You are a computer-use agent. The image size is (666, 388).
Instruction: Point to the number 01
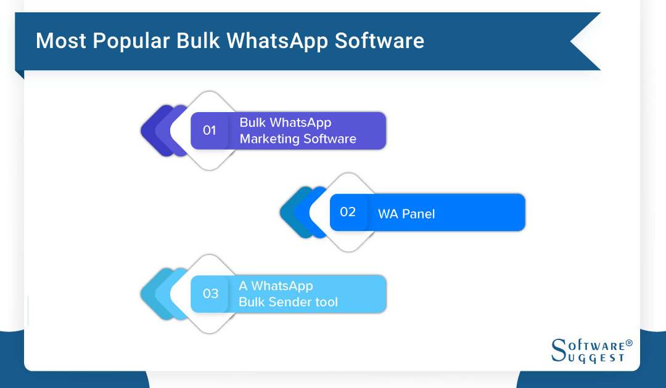(210, 131)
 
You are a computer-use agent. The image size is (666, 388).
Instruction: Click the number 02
(348, 212)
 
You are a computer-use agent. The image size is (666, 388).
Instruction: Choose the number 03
(210, 294)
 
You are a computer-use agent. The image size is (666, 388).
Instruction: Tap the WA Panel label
(406, 214)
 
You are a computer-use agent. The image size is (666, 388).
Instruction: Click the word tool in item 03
(324, 302)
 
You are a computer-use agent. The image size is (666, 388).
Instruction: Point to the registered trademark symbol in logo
(629, 342)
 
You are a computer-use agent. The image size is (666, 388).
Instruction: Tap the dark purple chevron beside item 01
(150, 131)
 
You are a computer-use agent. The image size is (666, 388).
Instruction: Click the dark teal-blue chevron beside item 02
(288, 212)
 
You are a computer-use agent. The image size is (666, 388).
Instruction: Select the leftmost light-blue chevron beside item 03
(149, 294)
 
